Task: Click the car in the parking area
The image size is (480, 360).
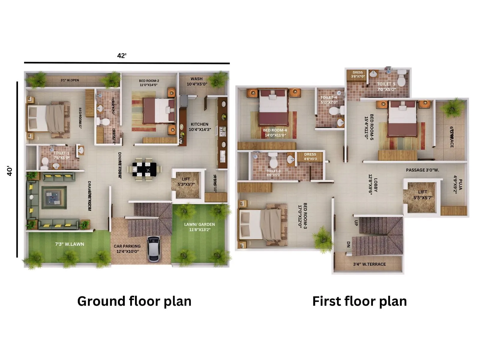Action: (153, 249)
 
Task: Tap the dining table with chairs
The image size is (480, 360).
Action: (144, 169)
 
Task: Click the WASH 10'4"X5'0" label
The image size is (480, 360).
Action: (196, 81)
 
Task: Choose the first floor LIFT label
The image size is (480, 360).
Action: (423, 195)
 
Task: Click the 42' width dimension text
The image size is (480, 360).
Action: (122, 56)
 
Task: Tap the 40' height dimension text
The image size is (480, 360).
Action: (10, 171)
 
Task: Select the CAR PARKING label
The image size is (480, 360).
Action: (127, 249)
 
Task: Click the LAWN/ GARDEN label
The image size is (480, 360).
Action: (199, 227)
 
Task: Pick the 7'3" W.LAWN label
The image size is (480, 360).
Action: (70, 244)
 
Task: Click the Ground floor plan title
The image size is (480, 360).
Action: (134, 301)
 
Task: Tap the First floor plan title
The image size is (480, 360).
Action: (359, 301)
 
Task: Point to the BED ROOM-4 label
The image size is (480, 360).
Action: (275, 133)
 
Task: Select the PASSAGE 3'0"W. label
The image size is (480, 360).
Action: (422, 170)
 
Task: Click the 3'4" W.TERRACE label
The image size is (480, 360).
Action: (369, 264)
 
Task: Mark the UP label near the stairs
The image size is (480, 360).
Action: (356, 223)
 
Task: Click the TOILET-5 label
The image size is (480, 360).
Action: (386, 86)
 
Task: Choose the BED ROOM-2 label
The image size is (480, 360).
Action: (149, 83)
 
